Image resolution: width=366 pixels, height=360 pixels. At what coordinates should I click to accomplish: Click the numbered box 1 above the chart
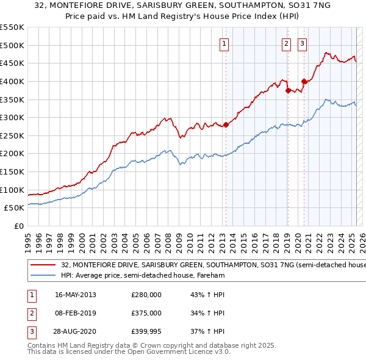pyautogui.click(x=224, y=43)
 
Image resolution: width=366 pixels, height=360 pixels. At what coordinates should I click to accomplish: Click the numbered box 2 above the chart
pyautogui.click(x=286, y=43)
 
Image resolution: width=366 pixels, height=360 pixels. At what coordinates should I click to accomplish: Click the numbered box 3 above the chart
pyautogui.click(x=303, y=43)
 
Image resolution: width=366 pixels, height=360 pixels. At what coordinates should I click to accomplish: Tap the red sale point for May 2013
pyautogui.click(x=226, y=125)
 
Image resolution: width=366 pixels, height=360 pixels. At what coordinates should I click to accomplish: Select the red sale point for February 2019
pyautogui.click(x=287, y=90)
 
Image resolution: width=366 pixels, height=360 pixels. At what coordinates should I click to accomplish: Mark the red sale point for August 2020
pyautogui.click(x=304, y=81)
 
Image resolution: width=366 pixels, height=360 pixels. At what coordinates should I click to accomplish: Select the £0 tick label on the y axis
pyautogui.click(x=18, y=226)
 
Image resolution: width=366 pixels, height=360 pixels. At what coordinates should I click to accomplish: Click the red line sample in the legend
pyautogui.click(x=43, y=265)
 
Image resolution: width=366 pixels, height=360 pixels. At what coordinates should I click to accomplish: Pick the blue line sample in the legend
pyautogui.click(x=43, y=276)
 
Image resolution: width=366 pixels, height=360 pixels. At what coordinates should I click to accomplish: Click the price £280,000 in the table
pyautogui.click(x=146, y=295)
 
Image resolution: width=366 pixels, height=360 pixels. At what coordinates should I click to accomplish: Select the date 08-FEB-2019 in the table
pyautogui.click(x=76, y=313)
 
